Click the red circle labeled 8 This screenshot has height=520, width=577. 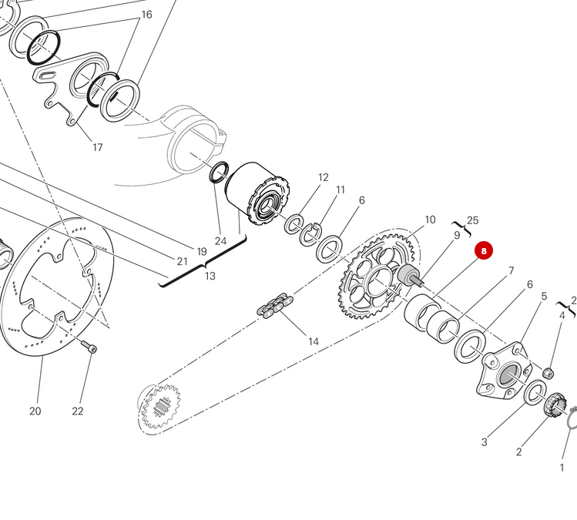[483, 251]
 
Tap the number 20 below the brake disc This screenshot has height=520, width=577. [35, 411]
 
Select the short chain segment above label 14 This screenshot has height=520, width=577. [274, 305]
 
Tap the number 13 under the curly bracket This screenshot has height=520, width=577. [209, 276]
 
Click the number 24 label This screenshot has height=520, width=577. [220, 241]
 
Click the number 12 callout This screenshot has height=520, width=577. [323, 178]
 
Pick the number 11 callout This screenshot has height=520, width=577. [340, 190]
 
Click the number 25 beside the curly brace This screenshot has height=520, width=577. [472, 220]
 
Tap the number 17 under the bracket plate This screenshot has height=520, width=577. [98, 147]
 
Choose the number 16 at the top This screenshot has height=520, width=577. [146, 15]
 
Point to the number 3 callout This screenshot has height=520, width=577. [484, 442]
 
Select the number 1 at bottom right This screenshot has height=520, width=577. [562, 467]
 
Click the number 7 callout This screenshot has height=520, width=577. [510, 271]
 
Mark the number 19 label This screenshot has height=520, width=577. [202, 251]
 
